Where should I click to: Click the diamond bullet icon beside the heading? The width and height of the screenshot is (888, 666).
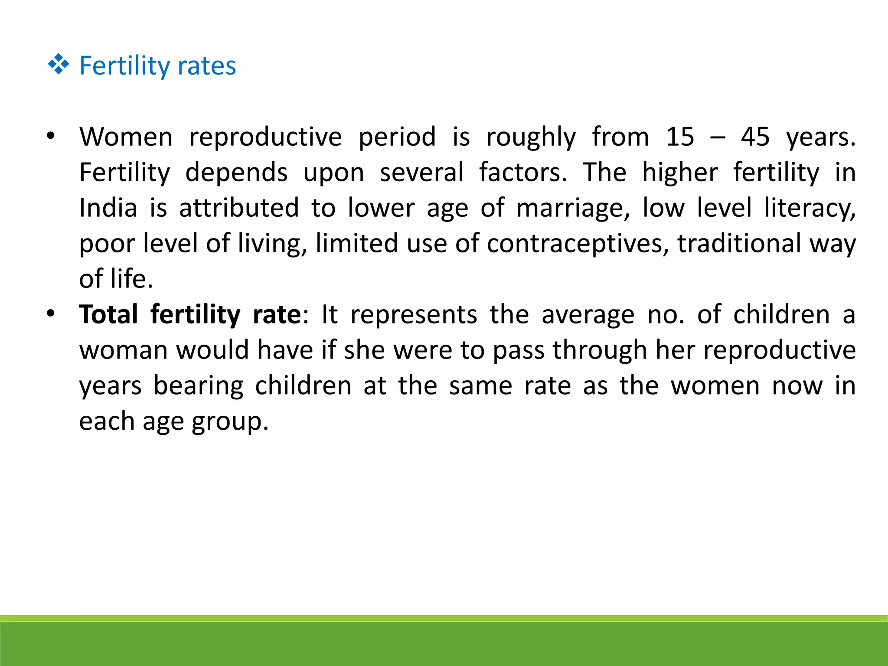click(59, 65)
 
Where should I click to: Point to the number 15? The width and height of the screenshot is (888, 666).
click(680, 137)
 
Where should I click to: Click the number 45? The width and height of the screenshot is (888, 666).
click(755, 137)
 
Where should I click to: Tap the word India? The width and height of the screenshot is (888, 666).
click(108, 208)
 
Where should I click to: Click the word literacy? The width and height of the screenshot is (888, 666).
click(810, 209)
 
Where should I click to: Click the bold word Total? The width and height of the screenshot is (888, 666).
click(108, 314)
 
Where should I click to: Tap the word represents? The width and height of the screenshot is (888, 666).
click(414, 315)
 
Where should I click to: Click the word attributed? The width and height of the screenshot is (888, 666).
click(239, 208)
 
